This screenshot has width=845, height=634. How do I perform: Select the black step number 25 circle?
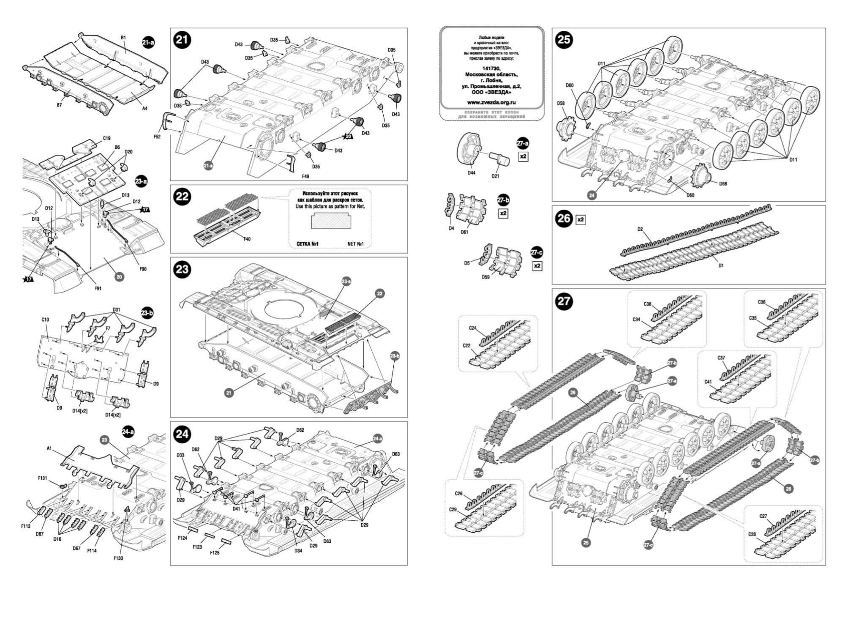(564, 40)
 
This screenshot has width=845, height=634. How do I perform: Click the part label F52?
(157, 137)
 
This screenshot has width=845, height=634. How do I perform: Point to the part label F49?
(305, 176)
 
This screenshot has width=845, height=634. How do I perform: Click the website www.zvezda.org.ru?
(491, 102)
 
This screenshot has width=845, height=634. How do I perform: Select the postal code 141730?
(491, 68)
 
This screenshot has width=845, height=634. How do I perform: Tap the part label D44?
(471, 173)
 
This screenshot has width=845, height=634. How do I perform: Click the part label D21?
(495, 176)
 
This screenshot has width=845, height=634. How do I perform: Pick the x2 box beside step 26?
(581, 220)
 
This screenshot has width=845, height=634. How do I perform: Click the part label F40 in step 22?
(247, 239)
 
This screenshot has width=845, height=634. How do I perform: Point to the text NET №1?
(355, 244)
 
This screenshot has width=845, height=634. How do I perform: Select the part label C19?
(107, 138)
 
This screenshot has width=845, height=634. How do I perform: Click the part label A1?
(49, 448)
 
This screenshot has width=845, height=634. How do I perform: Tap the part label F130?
(118, 558)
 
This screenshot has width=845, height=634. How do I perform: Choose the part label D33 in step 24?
(180, 455)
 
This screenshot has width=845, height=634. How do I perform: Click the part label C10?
(45, 320)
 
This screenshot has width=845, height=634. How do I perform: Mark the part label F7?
(108, 328)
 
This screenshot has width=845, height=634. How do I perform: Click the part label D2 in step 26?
(640, 229)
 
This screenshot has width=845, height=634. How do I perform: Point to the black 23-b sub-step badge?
(147, 313)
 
